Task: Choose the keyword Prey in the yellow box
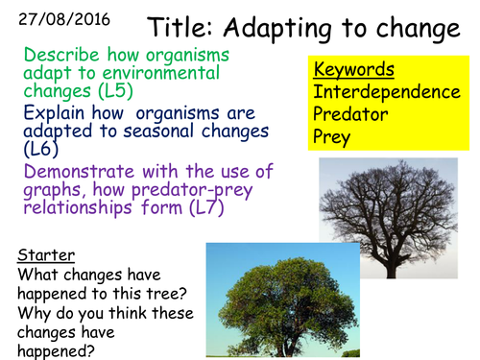[x=331, y=138]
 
